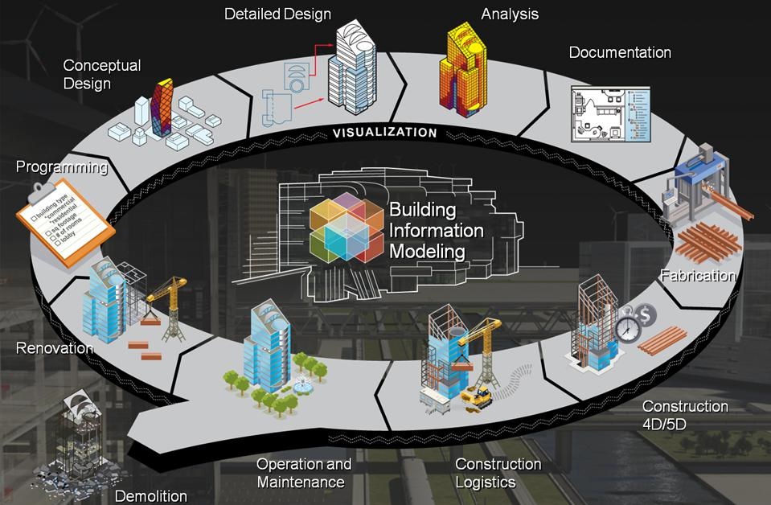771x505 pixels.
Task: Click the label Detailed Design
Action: [x=277, y=14]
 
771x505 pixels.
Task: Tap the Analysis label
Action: [x=510, y=14]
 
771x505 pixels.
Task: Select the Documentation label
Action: [x=620, y=53]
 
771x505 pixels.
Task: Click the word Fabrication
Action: [x=698, y=276]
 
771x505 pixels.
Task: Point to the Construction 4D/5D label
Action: [x=685, y=415]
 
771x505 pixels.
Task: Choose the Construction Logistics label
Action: [x=498, y=473]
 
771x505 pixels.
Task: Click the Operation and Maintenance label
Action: [x=304, y=473]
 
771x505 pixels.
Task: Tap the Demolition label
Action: [x=151, y=495]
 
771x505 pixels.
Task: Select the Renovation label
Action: [x=55, y=348]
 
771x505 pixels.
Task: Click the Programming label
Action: [x=62, y=168]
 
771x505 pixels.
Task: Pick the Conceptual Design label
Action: [x=102, y=74]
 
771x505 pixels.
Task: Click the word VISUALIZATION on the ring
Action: [x=386, y=133]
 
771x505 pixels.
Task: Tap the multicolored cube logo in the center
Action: [x=347, y=227]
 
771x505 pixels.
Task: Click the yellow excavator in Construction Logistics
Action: [x=477, y=396]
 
